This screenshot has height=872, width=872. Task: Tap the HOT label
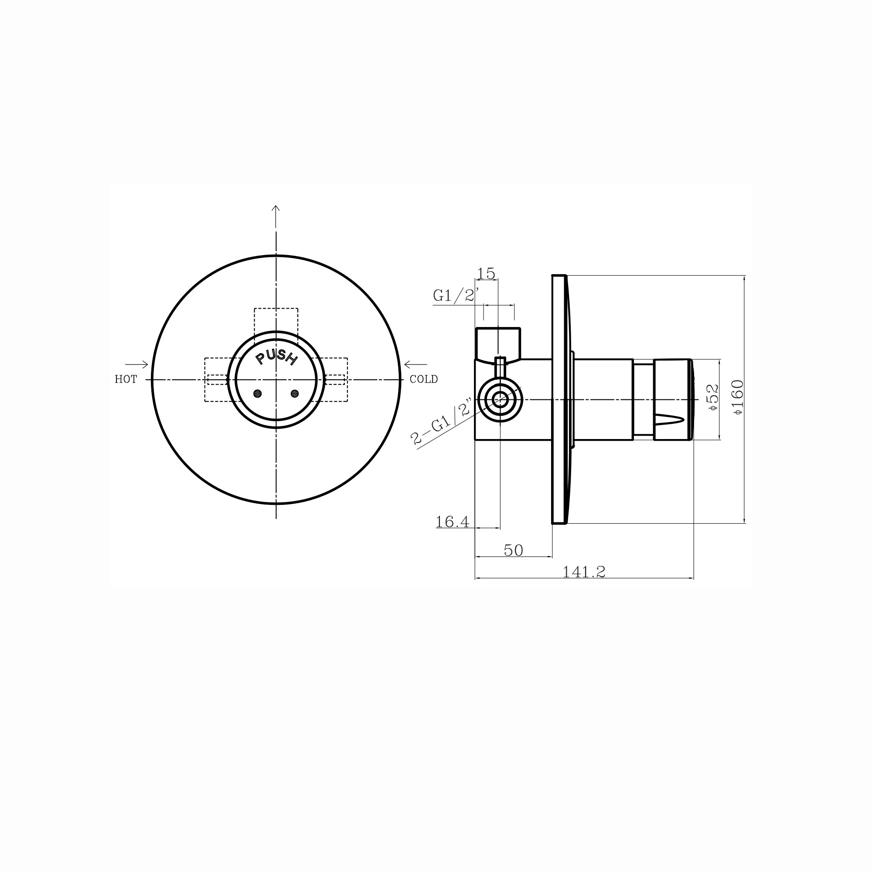[126, 380]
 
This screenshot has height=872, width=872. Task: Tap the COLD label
[423, 380]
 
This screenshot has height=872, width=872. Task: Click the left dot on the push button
[258, 394]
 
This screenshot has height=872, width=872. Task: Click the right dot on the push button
[295, 394]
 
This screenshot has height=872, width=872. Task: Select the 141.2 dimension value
[584, 572]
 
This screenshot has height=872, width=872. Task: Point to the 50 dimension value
[513, 551]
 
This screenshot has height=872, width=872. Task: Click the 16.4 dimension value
[452, 522]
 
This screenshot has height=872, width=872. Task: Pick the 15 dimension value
[486, 273]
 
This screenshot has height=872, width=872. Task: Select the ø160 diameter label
[739, 398]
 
